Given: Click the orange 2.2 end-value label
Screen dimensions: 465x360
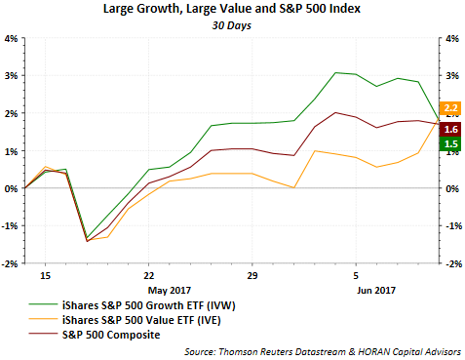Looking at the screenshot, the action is (x=450, y=108).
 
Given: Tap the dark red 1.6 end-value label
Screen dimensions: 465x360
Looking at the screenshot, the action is (x=450, y=130).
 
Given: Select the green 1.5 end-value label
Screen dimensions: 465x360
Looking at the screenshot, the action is (x=450, y=143).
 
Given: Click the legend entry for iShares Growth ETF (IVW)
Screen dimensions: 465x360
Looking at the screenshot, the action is (x=132, y=305).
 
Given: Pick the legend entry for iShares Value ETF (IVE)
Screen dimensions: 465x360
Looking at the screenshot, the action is (x=125, y=320).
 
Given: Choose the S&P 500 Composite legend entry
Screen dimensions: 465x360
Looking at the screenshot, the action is (x=95, y=335).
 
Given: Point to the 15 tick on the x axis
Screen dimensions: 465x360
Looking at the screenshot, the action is (x=46, y=276).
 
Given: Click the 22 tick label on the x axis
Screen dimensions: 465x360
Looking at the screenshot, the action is (x=149, y=276).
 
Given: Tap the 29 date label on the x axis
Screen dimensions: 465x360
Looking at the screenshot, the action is (x=252, y=276).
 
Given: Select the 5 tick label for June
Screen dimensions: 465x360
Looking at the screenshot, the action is (x=356, y=276).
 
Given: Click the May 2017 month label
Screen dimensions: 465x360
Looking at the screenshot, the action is (x=170, y=290).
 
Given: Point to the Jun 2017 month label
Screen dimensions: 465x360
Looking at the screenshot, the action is (x=376, y=290).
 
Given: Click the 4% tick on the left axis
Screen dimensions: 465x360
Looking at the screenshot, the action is (x=11, y=39).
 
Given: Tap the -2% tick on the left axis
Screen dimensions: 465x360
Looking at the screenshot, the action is (x=10, y=263).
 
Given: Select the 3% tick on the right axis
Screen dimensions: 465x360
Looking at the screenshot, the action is (x=452, y=76).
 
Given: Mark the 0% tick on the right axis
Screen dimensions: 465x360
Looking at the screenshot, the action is (x=452, y=188).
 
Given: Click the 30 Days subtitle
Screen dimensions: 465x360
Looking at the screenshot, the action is (x=232, y=25).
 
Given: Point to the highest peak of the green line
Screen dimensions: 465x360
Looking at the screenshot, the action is (x=336, y=72).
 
